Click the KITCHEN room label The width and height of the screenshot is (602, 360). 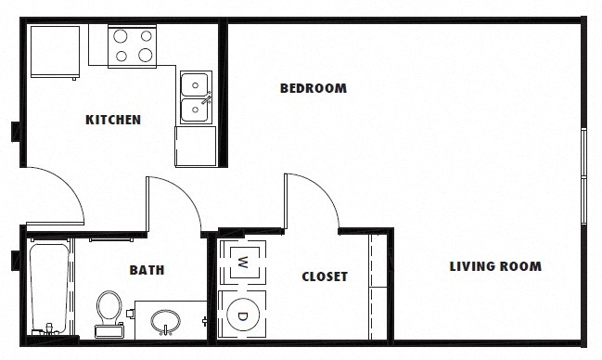click(x=113, y=120)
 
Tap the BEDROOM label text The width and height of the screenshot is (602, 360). click(x=314, y=88)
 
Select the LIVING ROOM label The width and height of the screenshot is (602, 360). click(x=495, y=266)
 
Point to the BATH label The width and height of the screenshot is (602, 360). click(x=147, y=270)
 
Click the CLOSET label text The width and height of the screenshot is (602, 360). click(x=325, y=276)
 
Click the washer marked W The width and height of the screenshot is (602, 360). click(x=242, y=263)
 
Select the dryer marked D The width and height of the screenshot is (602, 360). click(x=242, y=315)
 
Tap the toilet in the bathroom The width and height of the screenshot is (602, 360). click(x=109, y=314)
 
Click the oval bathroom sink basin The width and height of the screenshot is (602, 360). click(x=165, y=320)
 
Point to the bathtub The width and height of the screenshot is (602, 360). click(x=49, y=287)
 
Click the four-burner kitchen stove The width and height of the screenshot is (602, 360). click(x=132, y=46)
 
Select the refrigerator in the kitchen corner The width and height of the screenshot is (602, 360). click(x=55, y=52)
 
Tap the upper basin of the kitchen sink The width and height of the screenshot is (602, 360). click(x=195, y=84)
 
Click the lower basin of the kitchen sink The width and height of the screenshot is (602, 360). click(x=195, y=110)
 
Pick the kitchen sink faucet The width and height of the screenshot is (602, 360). click(x=207, y=98)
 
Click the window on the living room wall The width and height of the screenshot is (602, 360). click(x=583, y=176)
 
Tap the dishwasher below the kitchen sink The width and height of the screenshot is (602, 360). click(x=196, y=147)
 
